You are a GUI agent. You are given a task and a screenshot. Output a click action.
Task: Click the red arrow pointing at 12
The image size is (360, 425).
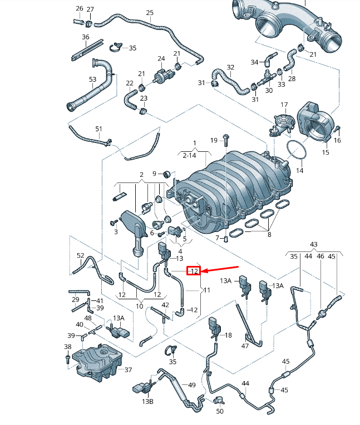click(220, 270)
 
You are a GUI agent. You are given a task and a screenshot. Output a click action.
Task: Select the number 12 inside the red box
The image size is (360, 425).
click(194, 271)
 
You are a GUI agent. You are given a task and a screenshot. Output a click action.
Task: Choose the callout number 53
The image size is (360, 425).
click(93, 80)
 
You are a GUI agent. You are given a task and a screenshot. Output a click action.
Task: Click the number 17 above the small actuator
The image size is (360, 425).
click(284, 105)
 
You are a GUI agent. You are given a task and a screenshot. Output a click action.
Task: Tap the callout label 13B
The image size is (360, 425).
click(147, 401)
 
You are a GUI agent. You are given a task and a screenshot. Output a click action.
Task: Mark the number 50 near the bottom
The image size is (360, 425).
click(220, 411)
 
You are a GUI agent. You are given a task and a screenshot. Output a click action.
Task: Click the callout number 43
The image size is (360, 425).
click(313, 245)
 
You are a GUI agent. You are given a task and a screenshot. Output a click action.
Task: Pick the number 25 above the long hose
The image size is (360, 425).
click(150, 13)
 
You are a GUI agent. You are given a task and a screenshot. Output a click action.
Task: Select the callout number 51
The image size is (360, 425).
click(98, 129)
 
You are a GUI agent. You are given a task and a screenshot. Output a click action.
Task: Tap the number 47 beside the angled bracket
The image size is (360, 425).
click(245, 346)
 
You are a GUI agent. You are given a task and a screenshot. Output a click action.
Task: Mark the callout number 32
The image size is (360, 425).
click(230, 67)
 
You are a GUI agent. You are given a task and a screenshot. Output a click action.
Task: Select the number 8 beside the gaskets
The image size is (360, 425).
click(270, 235)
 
